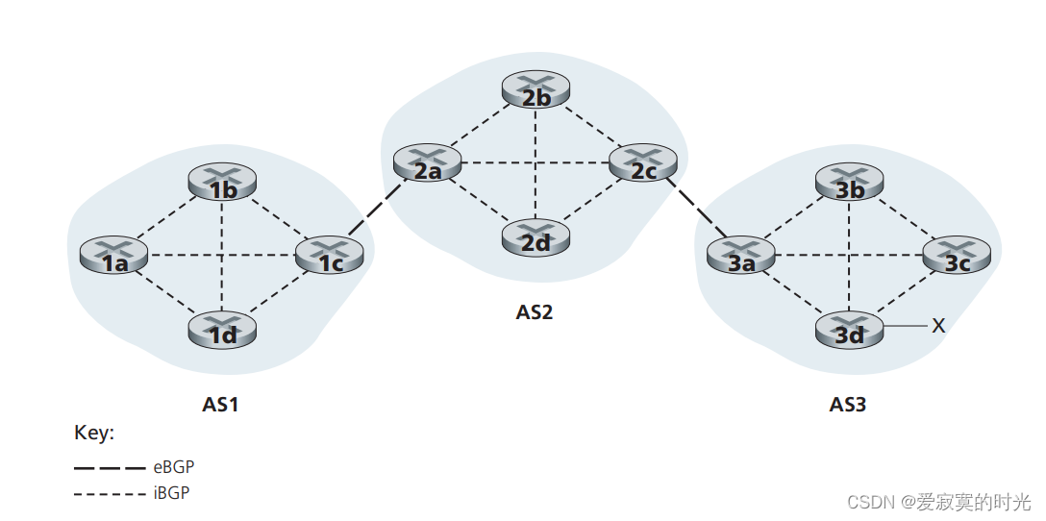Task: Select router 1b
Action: (x=223, y=183)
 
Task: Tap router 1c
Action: (x=328, y=255)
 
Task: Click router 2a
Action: (x=427, y=164)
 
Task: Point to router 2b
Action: (x=536, y=91)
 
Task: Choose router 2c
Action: (x=643, y=164)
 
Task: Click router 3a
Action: (x=740, y=255)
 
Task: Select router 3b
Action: (x=850, y=183)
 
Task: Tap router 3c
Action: (x=957, y=255)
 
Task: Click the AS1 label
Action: (x=220, y=405)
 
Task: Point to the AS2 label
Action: (x=535, y=312)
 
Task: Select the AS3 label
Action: (x=848, y=405)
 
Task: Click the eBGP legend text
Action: (x=174, y=467)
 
